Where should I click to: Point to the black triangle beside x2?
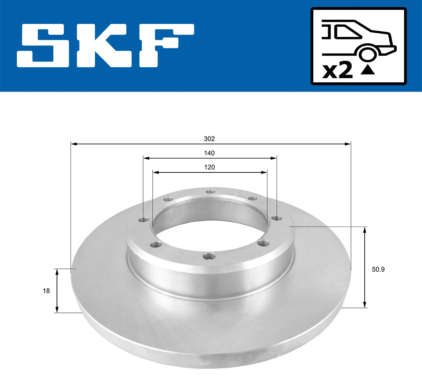368,70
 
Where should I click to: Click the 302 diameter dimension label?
209,139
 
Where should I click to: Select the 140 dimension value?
209,153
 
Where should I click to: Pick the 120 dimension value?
209,167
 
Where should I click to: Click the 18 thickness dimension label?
46,291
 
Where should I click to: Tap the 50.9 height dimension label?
378,270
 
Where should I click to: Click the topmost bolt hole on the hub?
210,191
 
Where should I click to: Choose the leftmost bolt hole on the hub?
143,220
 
